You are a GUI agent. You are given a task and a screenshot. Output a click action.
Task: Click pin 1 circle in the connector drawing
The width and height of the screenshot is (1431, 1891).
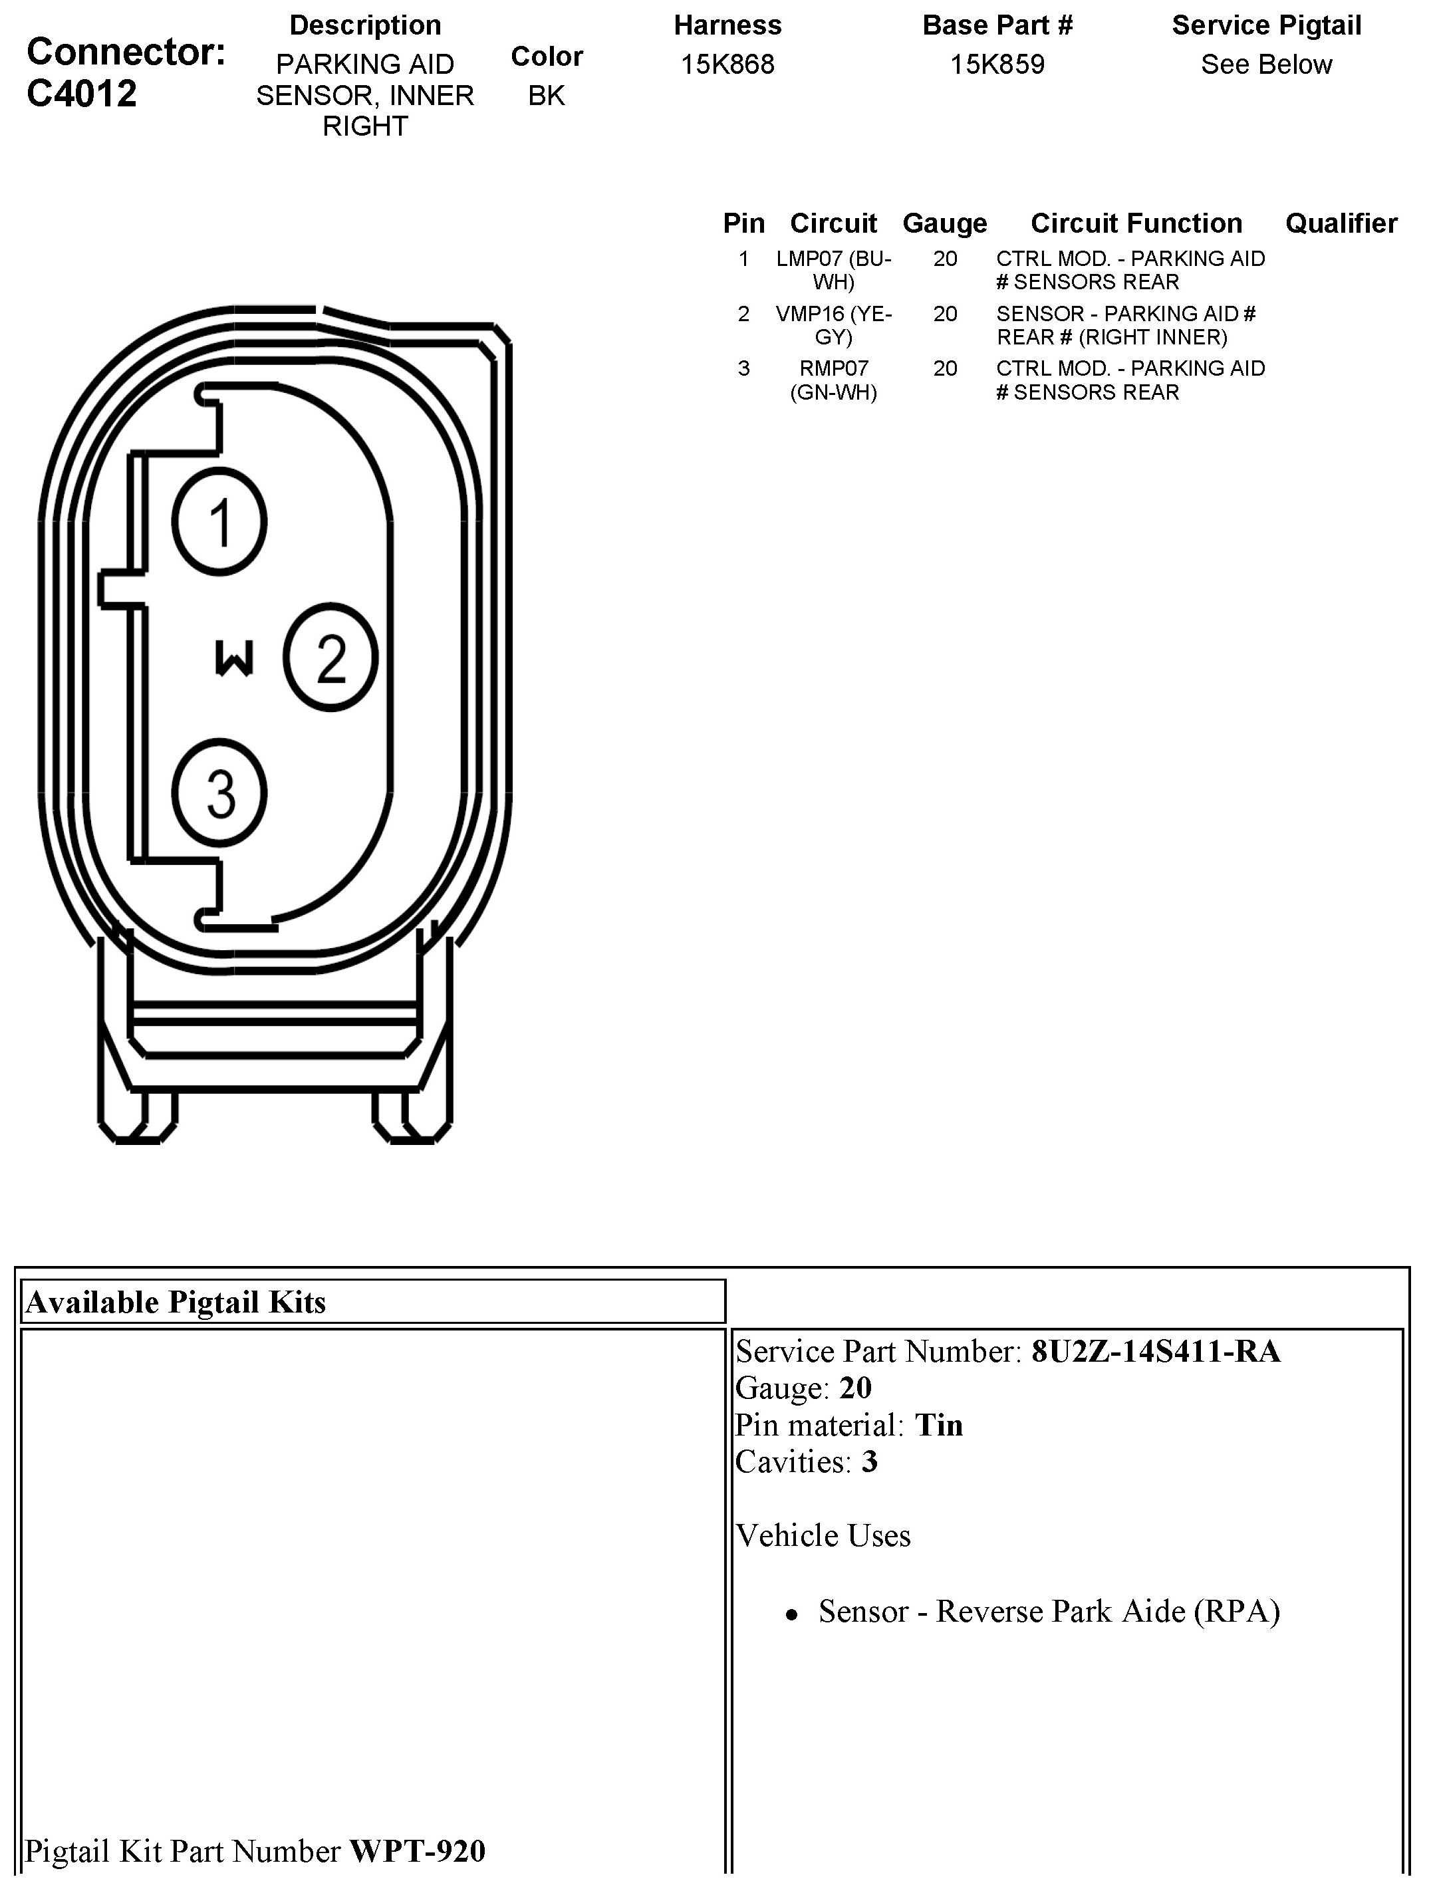coord(219,521)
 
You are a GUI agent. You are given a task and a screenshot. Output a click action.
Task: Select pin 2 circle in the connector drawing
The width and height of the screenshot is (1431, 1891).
coord(330,658)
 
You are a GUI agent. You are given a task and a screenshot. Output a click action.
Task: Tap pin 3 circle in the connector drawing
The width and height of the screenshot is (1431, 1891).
coord(219,793)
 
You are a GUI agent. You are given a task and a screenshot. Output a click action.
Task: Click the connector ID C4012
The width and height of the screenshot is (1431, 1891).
coord(82,93)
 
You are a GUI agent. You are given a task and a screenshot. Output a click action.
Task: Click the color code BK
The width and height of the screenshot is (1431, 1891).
coord(546,96)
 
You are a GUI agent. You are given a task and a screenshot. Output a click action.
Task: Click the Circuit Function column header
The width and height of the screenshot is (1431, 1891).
coord(1136,223)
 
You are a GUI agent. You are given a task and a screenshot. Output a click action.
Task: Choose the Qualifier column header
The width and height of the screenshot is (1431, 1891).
coord(1341,223)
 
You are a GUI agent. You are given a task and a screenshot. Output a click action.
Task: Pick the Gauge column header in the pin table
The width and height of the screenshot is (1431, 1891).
coord(945,223)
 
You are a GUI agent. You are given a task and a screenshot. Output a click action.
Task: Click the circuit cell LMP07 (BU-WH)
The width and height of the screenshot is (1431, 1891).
coord(833,270)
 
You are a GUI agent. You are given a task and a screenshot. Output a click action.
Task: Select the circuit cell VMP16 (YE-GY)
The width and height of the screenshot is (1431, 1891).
coord(833,326)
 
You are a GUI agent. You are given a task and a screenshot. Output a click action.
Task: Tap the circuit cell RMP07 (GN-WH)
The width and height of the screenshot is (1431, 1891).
coord(833,380)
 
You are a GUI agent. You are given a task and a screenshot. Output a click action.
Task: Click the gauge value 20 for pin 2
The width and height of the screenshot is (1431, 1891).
coord(945,315)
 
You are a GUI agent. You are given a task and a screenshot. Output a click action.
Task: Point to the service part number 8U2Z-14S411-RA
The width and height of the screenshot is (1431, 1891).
coord(1156,1352)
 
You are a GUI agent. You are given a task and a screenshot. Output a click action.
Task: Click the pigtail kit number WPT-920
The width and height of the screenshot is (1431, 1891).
coord(417,1852)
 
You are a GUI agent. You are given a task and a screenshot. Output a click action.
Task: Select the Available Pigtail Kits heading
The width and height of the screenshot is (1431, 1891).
coord(176,1302)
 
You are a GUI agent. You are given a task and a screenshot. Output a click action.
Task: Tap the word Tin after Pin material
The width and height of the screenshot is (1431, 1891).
coord(939,1425)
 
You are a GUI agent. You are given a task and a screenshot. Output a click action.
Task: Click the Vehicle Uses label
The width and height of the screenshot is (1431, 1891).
coord(823,1535)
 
